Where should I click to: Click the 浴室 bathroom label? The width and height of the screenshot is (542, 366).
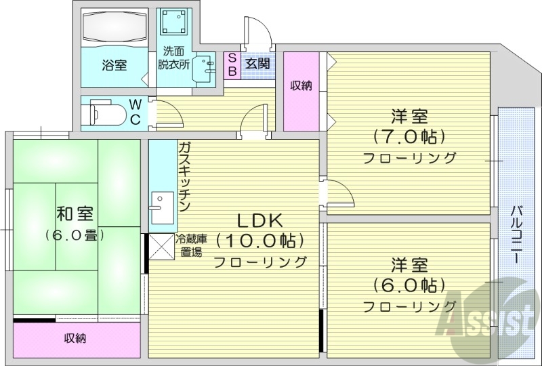pos(114,66)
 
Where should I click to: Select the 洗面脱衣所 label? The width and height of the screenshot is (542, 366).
pos(173,59)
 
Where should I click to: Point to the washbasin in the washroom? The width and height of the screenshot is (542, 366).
pos(201,68)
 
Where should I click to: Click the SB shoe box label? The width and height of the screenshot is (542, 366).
pos(232,64)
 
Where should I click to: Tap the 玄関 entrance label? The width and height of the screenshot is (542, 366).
pos(257,64)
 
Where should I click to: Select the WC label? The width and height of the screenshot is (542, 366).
pos(135,112)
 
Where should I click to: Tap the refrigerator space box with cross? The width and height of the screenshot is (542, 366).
pos(161,247)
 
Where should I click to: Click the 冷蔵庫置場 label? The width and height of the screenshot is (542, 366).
pos(191,245)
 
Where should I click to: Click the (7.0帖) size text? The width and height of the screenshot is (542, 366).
pos(409,136)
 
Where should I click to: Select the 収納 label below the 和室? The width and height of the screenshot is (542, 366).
pos(75,338)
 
